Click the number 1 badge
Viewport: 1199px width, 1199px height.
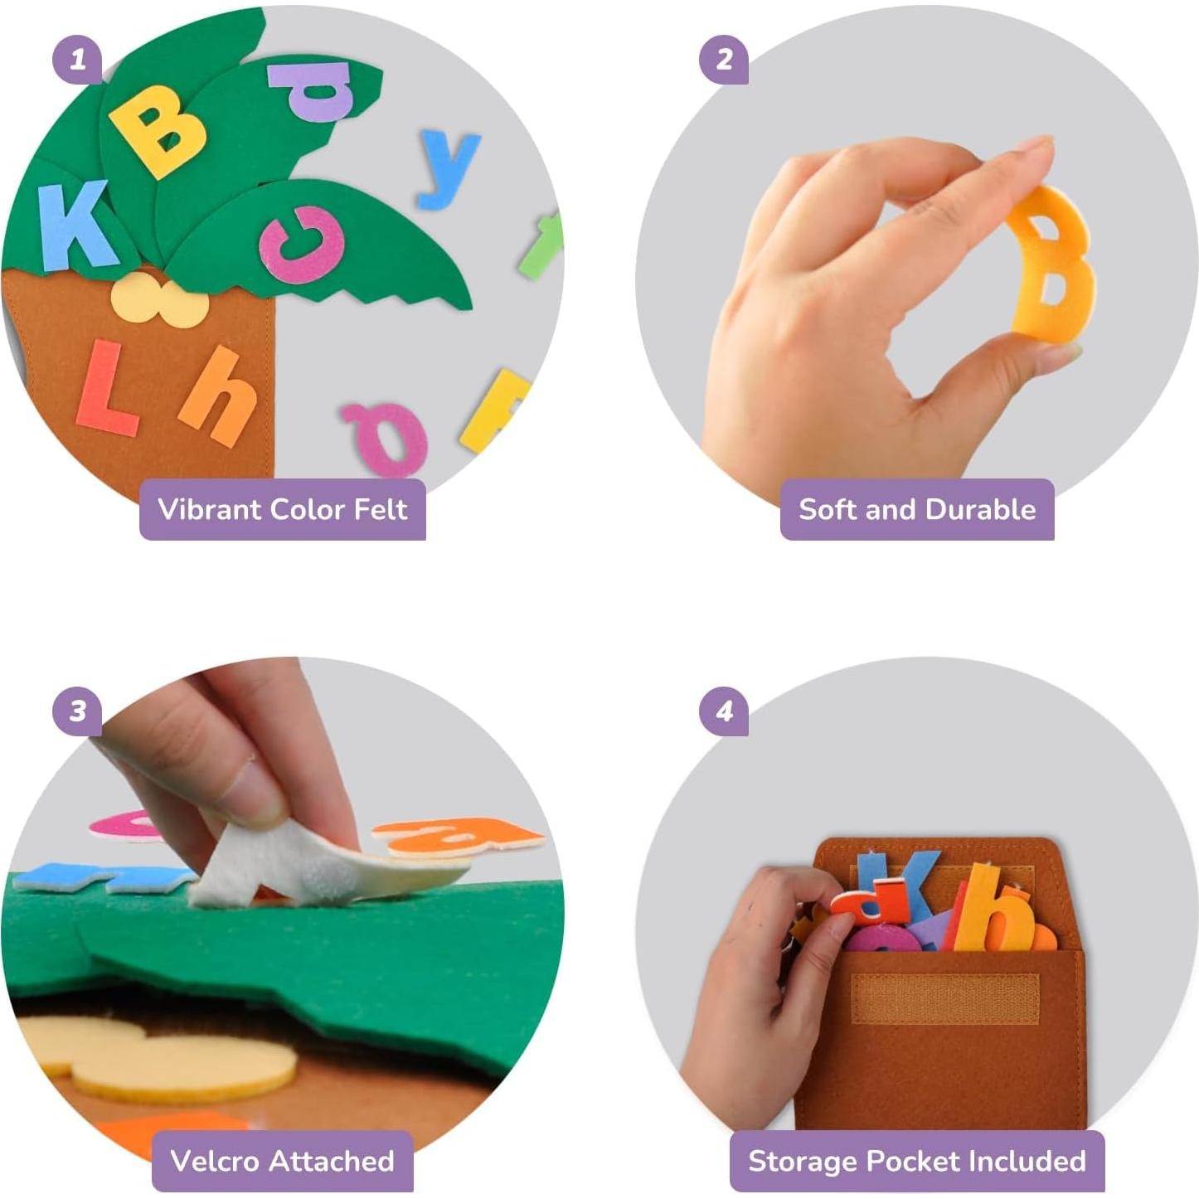[77, 60]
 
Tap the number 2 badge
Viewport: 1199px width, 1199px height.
[724, 60]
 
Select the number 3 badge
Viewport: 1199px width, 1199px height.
[77, 711]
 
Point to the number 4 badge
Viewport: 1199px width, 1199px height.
[724, 711]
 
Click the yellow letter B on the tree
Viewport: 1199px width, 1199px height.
[158, 131]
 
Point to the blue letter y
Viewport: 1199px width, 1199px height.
[447, 168]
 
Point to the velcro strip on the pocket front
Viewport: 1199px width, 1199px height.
[944, 998]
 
